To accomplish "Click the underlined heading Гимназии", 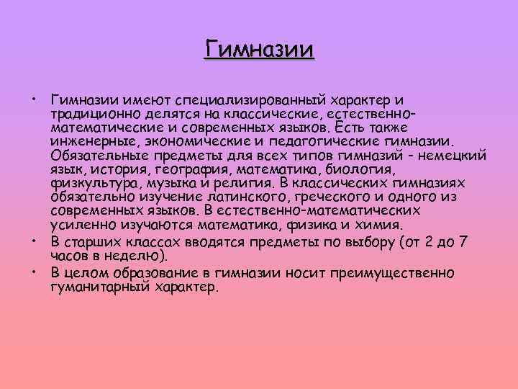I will coord(259,50).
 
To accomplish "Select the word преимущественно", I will coord(399,272).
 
